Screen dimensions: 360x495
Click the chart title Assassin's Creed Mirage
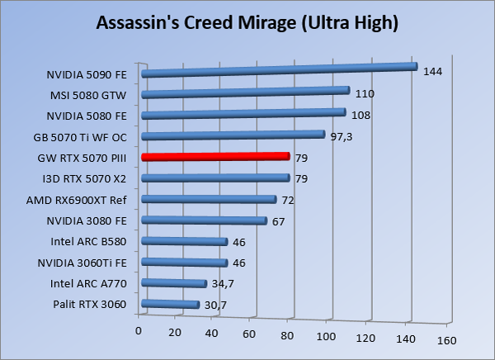pyautogui.click(x=247, y=22)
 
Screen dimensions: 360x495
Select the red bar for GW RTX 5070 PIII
pyautogui.click(x=215, y=156)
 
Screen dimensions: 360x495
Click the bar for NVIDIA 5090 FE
pyautogui.click(x=279, y=71)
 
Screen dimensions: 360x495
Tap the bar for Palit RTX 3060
pyautogui.click(x=171, y=305)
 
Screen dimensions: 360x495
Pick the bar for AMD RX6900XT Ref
pyautogui.click(x=209, y=199)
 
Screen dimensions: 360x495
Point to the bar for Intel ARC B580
pyautogui.click(x=185, y=241)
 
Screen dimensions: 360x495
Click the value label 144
pyautogui.click(x=432, y=72)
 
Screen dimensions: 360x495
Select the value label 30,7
pyautogui.click(x=215, y=306)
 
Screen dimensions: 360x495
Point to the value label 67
pyautogui.click(x=279, y=220)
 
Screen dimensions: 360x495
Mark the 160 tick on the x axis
pyautogui.click(x=446, y=339)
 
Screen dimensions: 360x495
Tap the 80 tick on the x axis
pyautogui.click(x=289, y=334)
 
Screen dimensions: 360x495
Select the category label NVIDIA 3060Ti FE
pyautogui.click(x=82, y=263)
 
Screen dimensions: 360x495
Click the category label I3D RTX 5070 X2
pyautogui.click(x=84, y=178)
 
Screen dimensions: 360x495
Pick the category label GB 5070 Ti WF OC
pyautogui.click(x=81, y=135)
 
